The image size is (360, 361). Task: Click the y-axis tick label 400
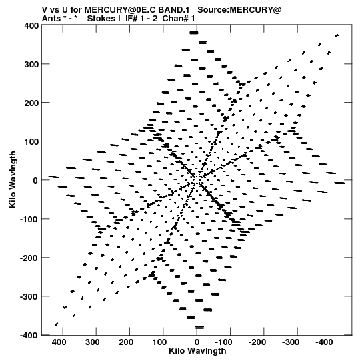coord(31,25)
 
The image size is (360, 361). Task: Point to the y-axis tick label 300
coord(31,64)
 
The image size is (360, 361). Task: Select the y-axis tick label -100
coord(29,219)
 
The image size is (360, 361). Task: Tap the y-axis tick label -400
coord(29,335)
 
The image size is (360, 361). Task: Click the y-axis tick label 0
coord(35,180)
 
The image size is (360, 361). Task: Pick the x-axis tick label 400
coord(59,342)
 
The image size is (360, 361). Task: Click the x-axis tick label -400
coord(324,342)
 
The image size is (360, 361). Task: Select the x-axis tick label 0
coord(197,342)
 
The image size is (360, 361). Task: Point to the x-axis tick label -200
coord(257,342)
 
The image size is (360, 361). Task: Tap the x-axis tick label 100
coord(159,342)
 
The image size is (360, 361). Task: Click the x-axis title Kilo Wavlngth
coord(197,351)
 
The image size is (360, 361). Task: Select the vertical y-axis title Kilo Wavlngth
coord(13,179)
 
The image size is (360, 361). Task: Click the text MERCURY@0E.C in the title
coord(120,10)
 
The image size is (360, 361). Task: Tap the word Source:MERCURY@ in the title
coord(239,10)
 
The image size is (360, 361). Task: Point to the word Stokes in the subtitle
coord(103,19)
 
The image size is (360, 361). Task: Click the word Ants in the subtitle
coord(51,19)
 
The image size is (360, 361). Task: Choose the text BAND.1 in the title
coord(174,10)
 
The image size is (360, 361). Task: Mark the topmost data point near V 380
coord(194,33)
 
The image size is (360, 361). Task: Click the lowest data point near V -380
coord(199,327)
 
